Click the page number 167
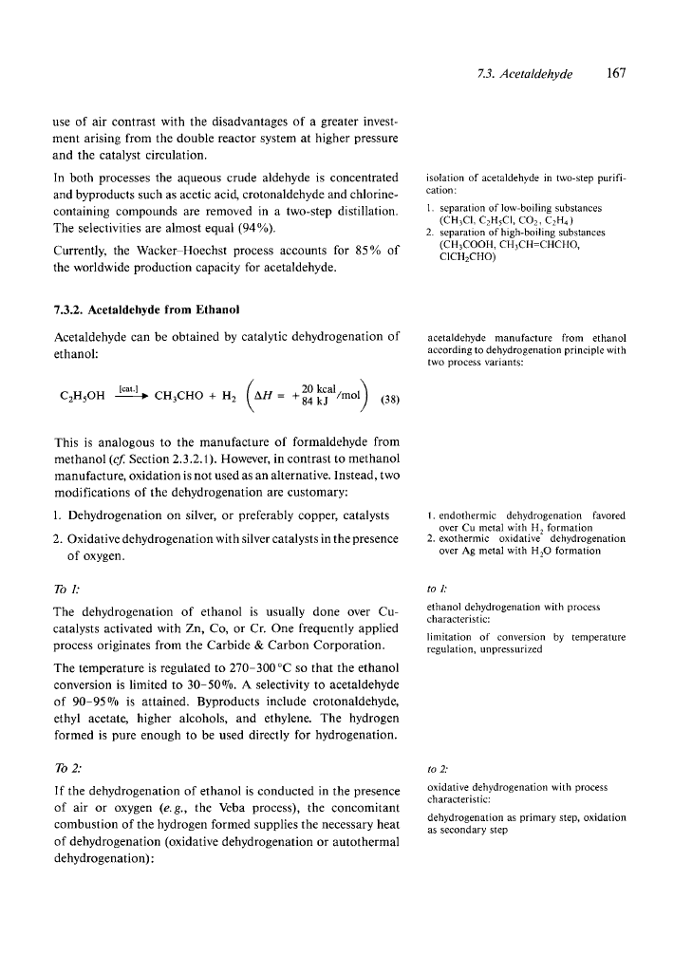tap(617, 73)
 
